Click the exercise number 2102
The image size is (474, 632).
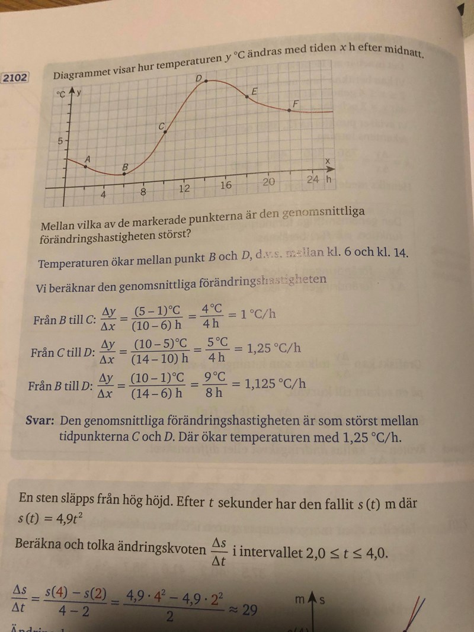coord(15,78)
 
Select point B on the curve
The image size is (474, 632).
coord(123,174)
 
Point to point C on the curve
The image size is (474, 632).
coord(165,131)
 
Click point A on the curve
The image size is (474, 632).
coord(85,166)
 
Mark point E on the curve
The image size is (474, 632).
coord(247,96)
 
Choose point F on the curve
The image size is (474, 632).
coord(289,110)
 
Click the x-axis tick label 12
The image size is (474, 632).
coord(185,189)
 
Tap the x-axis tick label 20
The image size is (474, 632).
coord(269,182)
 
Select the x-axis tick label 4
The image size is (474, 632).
coord(103,195)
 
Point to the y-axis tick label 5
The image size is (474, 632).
coord(59,141)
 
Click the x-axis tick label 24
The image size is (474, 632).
coord(313,179)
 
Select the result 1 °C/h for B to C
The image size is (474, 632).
coord(256,313)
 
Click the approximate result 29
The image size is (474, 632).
coord(249,609)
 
